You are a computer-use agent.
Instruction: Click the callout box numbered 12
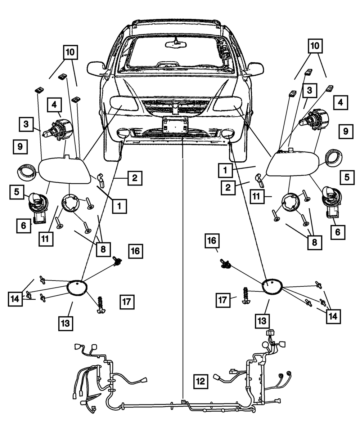(x=201, y=381)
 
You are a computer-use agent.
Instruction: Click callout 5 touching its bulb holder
(x=17, y=192)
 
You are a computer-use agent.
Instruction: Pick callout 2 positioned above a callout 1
(x=134, y=177)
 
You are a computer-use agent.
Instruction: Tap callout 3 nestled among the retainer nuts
(x=309, y=91)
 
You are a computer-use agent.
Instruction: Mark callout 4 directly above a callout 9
(x=340, y=103)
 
